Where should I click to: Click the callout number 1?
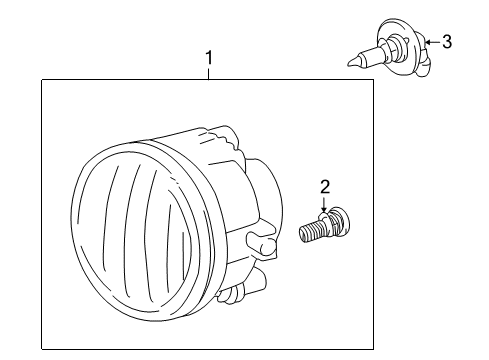(209, 58)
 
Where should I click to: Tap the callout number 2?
(325, 187)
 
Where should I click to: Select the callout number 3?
(447, 42)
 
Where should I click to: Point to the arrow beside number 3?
(432, 42)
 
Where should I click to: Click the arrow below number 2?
(323, 204)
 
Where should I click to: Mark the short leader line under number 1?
(209, 74)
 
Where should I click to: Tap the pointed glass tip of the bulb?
(351, 62)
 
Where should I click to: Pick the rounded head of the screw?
(341, 221)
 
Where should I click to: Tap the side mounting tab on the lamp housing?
(262, 243)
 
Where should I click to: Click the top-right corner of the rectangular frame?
(373, 80)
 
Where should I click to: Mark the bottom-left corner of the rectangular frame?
(42, 349)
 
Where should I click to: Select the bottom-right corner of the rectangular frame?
(373, 349)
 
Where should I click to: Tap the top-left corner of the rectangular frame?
(42, 80)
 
